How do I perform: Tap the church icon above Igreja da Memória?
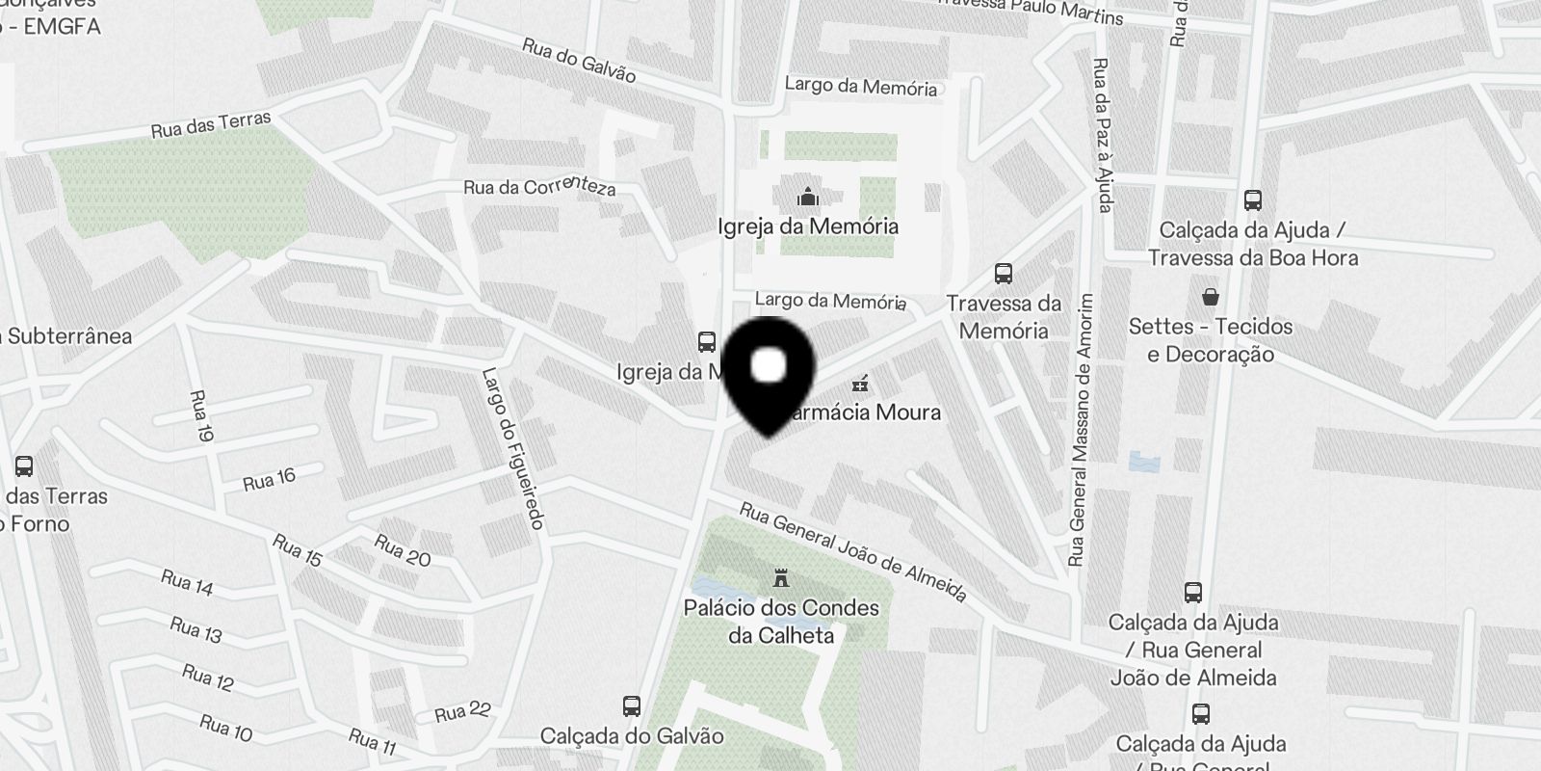(808, 198)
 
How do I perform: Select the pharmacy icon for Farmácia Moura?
(860, 384)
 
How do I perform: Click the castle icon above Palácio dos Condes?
(781, 579)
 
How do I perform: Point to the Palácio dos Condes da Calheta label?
(781, 622)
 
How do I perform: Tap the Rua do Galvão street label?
(579, 60)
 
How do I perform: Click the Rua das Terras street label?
(211, 125)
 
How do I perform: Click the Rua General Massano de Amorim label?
(1082, 430)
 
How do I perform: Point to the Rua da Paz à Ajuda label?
(1102, 134)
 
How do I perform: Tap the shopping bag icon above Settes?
(1210, 296)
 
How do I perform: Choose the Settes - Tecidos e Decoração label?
(1211, 340)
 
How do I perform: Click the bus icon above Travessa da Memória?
(1004, 274)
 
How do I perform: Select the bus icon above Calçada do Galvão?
(632, 706)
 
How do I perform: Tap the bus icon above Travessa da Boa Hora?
(1252, 200)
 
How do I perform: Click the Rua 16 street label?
(269, 479)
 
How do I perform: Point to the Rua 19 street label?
(201, 416)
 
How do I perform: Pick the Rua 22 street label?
(462, 712)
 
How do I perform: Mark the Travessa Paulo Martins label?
(1030, 9)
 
